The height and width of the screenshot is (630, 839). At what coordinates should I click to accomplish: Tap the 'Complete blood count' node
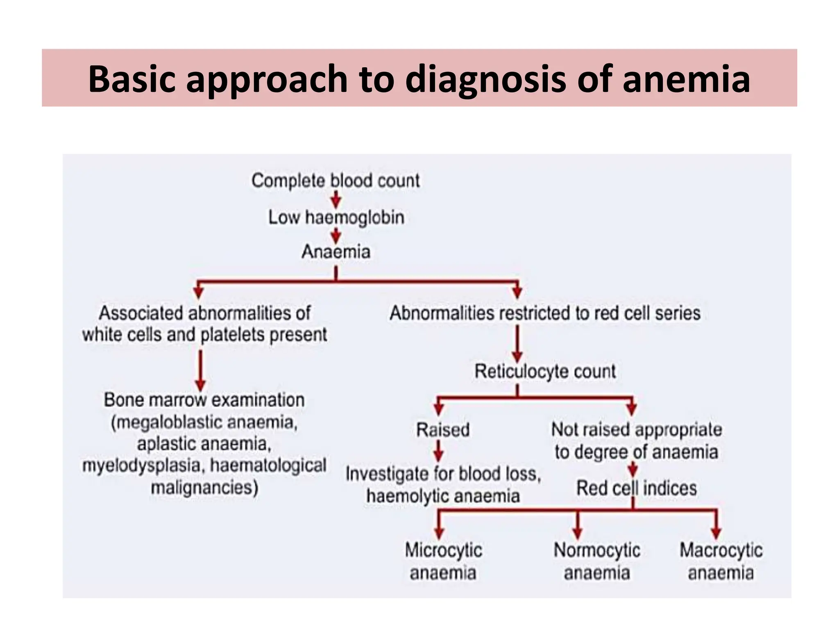tap(336, 180)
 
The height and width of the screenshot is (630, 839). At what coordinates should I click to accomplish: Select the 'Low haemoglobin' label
tap(336, 217)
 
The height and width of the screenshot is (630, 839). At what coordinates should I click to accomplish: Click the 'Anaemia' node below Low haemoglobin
tap(336, 251)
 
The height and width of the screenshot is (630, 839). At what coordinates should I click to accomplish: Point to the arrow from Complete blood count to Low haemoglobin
tap(336, 200)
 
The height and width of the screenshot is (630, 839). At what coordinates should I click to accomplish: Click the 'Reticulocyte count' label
tap(545, 371)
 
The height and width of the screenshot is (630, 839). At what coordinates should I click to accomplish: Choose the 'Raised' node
tap(443, 430)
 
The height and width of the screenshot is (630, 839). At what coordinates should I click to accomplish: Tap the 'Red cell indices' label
tap(636, 488)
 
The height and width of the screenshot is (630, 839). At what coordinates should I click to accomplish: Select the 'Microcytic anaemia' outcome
tap(443, 561)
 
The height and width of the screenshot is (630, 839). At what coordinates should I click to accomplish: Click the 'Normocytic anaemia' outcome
tap(597, 561)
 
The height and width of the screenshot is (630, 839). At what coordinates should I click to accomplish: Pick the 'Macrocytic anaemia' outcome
tap(721, 561)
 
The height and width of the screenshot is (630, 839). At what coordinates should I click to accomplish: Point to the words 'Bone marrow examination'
tap(204, 400)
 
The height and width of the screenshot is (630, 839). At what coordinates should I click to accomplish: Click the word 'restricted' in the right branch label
tap(535, 313)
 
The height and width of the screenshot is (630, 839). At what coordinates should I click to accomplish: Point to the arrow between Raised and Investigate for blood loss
tap(439, 451)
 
